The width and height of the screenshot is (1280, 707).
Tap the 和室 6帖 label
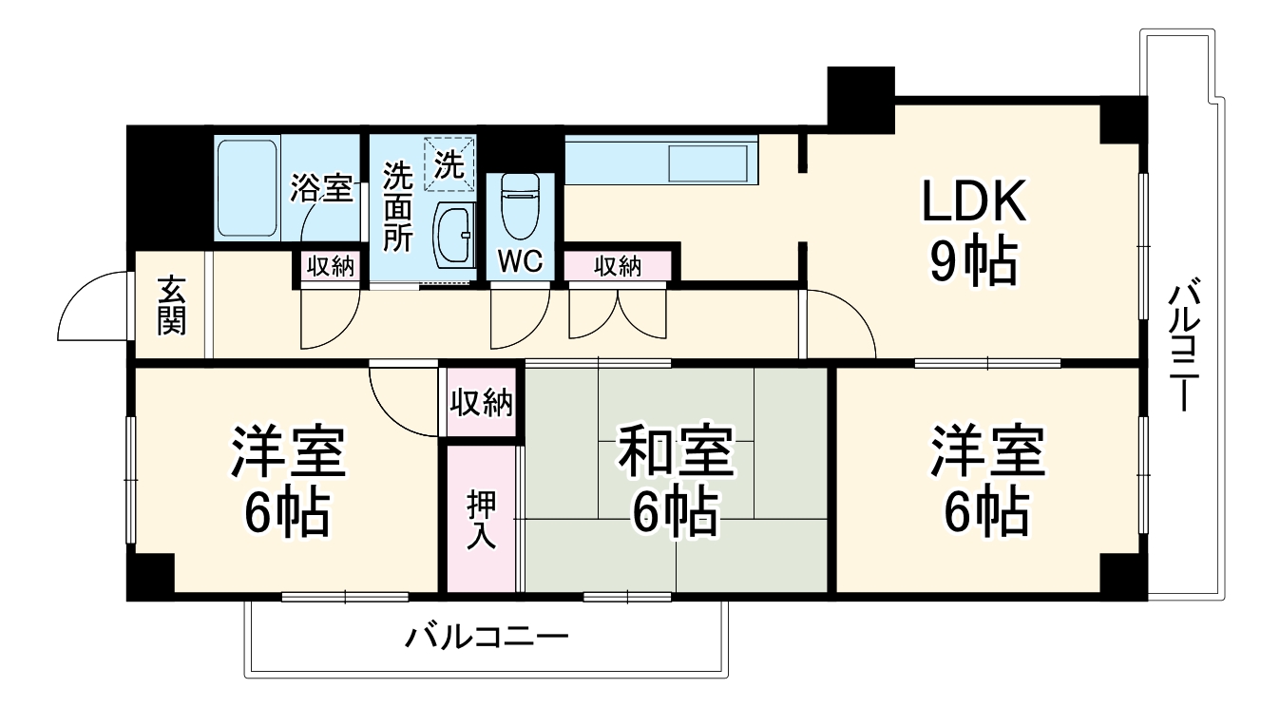(676, 481)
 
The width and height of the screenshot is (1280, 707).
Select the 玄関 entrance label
(172, 305)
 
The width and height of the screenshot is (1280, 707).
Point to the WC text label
(520, 263)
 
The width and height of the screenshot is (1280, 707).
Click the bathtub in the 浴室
(246, 187)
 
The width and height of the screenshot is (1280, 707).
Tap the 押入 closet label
(481, 520)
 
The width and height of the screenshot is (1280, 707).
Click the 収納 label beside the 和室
(481, 403)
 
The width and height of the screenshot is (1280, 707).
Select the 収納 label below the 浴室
(330, 267)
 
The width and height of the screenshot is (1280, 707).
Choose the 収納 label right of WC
(617, 267)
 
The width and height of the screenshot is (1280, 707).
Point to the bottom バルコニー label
(487, 635)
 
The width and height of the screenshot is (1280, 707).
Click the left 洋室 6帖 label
(287, 481)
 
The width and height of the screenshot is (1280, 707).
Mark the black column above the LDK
(860, 95)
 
